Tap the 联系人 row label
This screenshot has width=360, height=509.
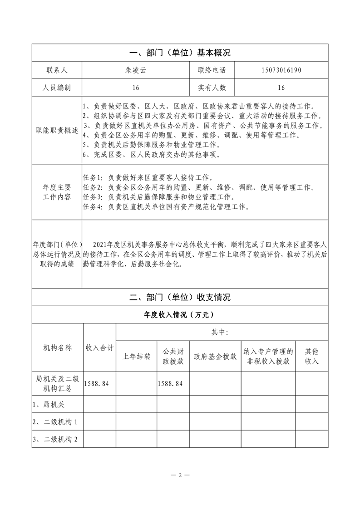(x=56, y=70)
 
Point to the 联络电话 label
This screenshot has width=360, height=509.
(x=212, y=70)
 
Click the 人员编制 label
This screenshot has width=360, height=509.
(x=56, y=88)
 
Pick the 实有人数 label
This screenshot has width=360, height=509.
(x=212, y=88)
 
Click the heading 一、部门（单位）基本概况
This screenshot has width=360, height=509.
(x=180, y=53)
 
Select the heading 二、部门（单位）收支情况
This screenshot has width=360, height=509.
(x=180, y=298)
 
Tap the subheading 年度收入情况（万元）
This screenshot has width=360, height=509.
(x=180, y=314)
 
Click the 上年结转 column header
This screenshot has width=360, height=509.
(x=136, y=356)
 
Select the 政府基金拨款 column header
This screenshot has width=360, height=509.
(x=215, y=356)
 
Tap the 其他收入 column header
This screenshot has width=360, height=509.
(x=311, y=356)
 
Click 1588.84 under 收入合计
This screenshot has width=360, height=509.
(x=97, y=383)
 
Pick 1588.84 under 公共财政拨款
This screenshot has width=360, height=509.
(x=170, y=383)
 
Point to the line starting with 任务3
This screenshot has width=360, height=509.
(x=158, y=197)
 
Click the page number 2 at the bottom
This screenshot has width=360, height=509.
(x=180, y=475)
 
